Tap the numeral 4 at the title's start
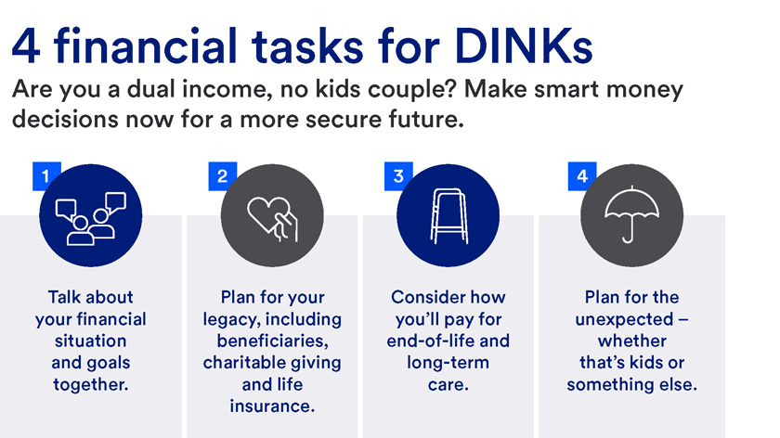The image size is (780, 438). click(26, 45)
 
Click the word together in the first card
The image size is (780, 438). click(90, 383)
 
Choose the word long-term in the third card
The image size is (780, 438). click(448, 362)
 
